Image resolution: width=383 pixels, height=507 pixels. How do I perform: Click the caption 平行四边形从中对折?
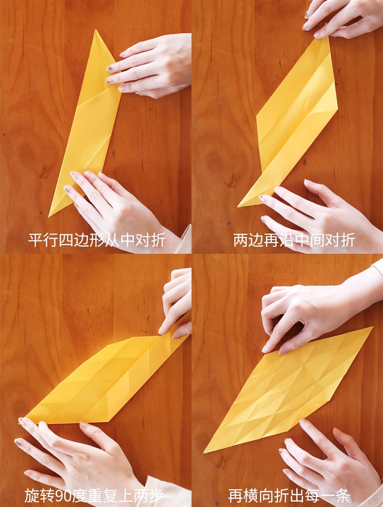[96, 240]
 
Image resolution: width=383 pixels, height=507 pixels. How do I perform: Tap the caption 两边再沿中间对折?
[294, 240]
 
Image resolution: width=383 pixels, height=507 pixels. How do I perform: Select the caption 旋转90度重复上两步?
[94, 495]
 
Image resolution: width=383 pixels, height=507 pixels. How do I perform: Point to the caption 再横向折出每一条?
[289, 495]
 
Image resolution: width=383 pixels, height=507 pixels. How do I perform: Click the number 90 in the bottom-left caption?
[64, 496]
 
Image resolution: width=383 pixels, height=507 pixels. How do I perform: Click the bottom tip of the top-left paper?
[50, 215]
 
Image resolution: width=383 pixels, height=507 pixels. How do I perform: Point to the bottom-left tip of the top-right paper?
[238, 206]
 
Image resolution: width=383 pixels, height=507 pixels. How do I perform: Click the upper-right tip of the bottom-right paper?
[372, 327]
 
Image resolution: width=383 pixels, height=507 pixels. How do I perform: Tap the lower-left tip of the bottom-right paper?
[204, 453]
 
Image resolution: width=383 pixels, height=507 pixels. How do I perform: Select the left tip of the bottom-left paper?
[20, 422]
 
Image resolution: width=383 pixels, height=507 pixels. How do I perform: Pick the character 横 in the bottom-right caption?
[251, 495]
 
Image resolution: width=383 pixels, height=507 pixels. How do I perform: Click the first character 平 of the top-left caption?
[35, 240]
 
